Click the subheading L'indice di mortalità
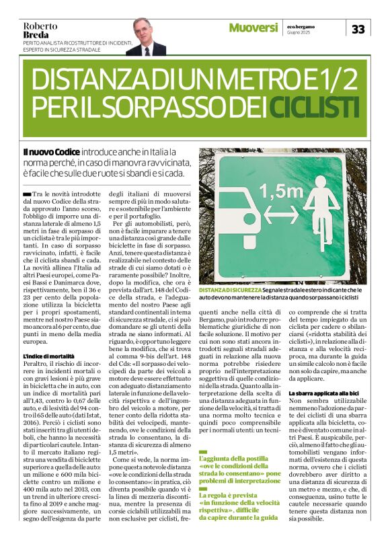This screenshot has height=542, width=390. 49,356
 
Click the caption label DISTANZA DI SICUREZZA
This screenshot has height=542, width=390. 229,289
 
